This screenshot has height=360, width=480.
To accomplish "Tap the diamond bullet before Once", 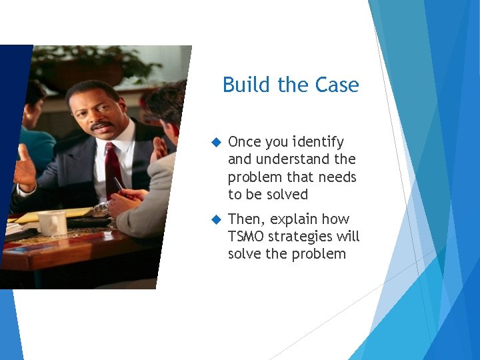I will tap(215, 143).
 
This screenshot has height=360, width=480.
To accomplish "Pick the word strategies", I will tap(303, 237).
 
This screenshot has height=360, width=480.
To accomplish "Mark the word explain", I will tap(293, 219).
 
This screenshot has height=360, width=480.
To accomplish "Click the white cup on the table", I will tap(52, 222).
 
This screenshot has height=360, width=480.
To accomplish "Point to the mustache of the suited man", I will tap(101, 125).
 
